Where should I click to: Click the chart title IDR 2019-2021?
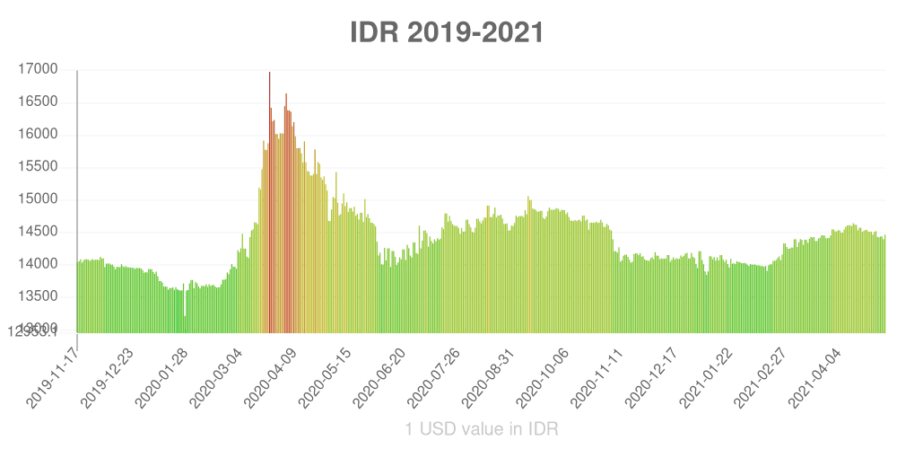(447, 33)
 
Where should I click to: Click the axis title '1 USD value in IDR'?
(482, 429)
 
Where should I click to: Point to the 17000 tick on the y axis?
(39, 69)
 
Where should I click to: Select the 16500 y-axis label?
(39, 102)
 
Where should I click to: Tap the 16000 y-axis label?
(39, 135)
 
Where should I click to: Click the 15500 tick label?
(39, 167)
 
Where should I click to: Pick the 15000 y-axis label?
(39, 199)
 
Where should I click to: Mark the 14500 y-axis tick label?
(39, 232)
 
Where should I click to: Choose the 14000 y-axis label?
(39, 264)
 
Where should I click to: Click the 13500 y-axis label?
(39, 296)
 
